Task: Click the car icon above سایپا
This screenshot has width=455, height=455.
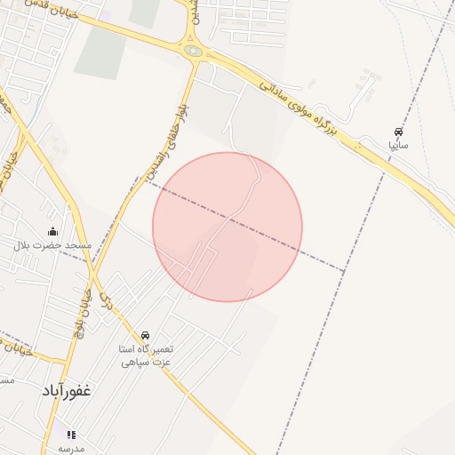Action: coord(397,130)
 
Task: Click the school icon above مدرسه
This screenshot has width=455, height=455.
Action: coord(71,435)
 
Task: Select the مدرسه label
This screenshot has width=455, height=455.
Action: coord(71,448)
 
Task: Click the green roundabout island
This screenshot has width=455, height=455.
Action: coord(193,52)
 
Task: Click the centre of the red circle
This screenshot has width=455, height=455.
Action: coord(227,227)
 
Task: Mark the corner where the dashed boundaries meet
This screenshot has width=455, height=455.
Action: coord(345,270)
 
